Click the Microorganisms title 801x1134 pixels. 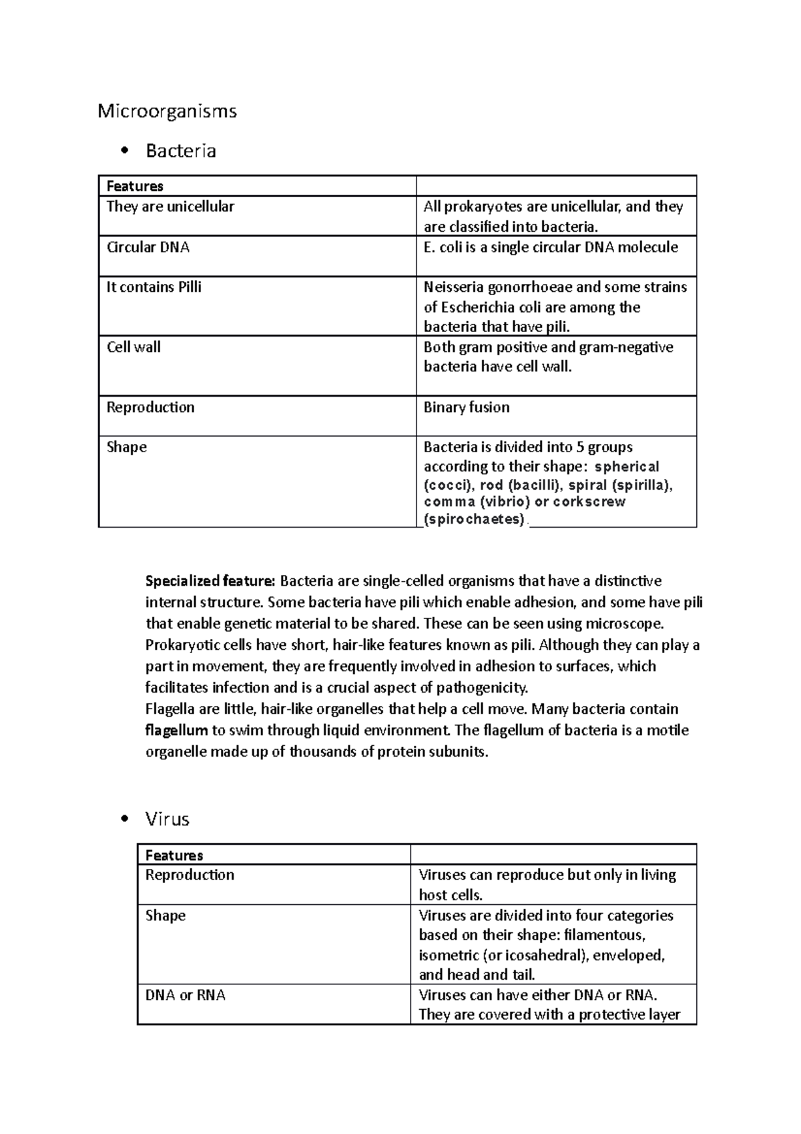[167, 111]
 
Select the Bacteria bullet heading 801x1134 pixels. [181, 151]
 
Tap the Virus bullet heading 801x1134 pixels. [167, 819]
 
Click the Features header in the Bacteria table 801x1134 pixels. [135, 186]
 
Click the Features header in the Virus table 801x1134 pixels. [174, 856]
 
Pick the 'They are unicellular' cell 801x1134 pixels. [170, 206]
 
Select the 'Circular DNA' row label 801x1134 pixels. [148, 247]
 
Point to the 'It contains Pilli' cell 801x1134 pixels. [154, 287]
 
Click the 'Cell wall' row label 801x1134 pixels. [133, 347]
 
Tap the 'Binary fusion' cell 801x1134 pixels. [467, 407]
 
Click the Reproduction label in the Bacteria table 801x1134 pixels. [150, 407]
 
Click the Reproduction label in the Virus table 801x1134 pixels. [190, 875]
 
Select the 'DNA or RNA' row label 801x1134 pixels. [186, 995]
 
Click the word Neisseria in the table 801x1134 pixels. [454, 287]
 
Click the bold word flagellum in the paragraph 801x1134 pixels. [176, 731]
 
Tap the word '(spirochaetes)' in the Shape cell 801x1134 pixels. [475, 519]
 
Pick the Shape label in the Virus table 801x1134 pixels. [166, 915]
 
